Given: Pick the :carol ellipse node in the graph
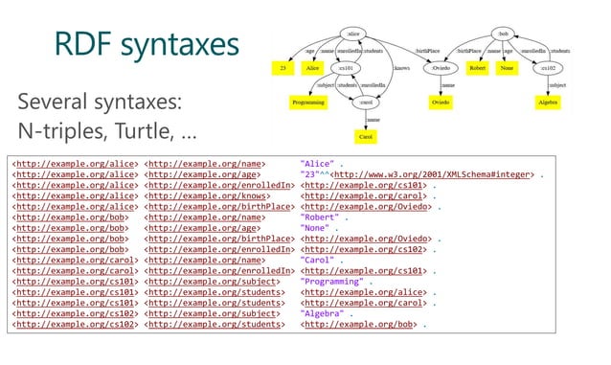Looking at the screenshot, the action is pyautogui.click(x=365, y=103).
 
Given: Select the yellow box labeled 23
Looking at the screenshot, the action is pyautogui.click(x=283, y=69).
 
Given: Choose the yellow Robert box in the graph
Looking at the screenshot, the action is pyautogui.click(x=479, y=69).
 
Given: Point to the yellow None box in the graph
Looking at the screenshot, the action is pyautogui.click(x=509, y=69).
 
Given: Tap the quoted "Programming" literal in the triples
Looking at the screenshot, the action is pyautogui.click(x=331, y=282).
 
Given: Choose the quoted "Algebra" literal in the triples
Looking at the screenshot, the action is pyautogui.click(x=323, y=313).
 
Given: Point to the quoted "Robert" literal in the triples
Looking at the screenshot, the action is pyautogui.click(x=321, y=219).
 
